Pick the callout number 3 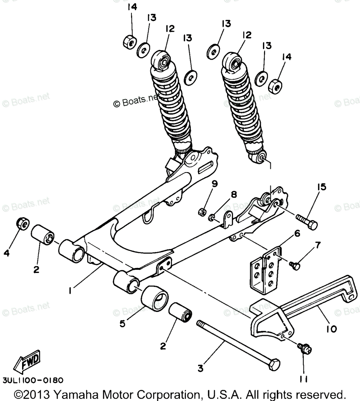pos(200,369)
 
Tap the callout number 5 pos(122,323)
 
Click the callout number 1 pos(70,291)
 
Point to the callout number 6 pos(297,234)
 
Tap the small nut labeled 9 pos(202,211)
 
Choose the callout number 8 pos(234,194)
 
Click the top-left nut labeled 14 pos(129,41)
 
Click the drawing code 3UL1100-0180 pos(33,380)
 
